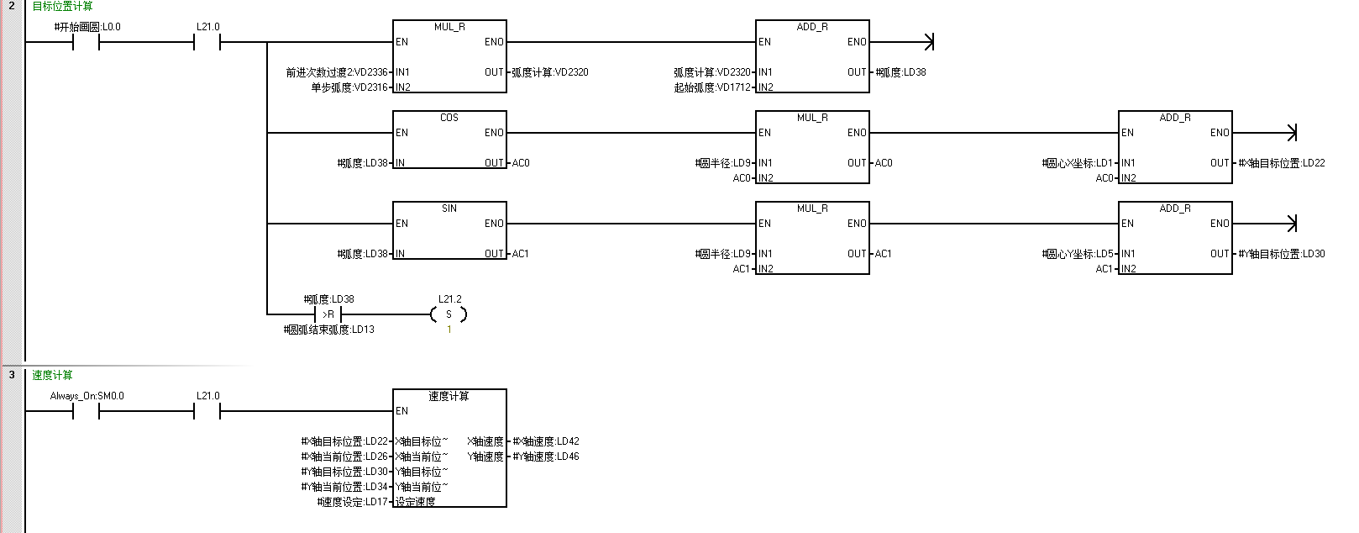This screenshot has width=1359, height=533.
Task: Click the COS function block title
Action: [x=449, y=118]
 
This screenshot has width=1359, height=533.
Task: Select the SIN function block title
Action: [x=449, y=208]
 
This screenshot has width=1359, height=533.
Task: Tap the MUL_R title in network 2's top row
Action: [x=449, y=27]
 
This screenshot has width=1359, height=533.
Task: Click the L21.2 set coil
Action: [x=449, y=314]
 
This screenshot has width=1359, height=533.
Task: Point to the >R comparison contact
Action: [x=328, y=314]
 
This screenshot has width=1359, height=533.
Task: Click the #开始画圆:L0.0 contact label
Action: [x=87, y=27]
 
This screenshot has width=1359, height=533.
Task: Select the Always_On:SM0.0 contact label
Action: [x=87, y=396]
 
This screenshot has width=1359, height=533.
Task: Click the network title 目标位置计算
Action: [x=62, y=7]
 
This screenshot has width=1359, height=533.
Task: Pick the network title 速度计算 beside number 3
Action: [x=52, y=376]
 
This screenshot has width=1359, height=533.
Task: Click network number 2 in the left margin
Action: [x=12, y=7]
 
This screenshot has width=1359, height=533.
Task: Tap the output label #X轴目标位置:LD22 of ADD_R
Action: [x=1282, y=163]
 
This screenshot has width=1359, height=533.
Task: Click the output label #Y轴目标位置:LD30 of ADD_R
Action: [x=1282, y=254]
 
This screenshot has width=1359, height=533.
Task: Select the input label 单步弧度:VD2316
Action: [x=349, y=87]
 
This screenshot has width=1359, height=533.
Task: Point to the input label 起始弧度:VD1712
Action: [x=712, y=87]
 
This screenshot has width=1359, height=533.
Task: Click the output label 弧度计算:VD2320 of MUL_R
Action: [x=550, y=72]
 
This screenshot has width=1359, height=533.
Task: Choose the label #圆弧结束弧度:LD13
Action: [x=329, y=330]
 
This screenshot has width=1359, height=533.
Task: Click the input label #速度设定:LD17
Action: [x=353, y=502]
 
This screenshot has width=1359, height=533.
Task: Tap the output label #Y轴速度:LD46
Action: [x=546, y=456]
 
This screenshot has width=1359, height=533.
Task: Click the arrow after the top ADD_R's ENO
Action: [x=927, y=42]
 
